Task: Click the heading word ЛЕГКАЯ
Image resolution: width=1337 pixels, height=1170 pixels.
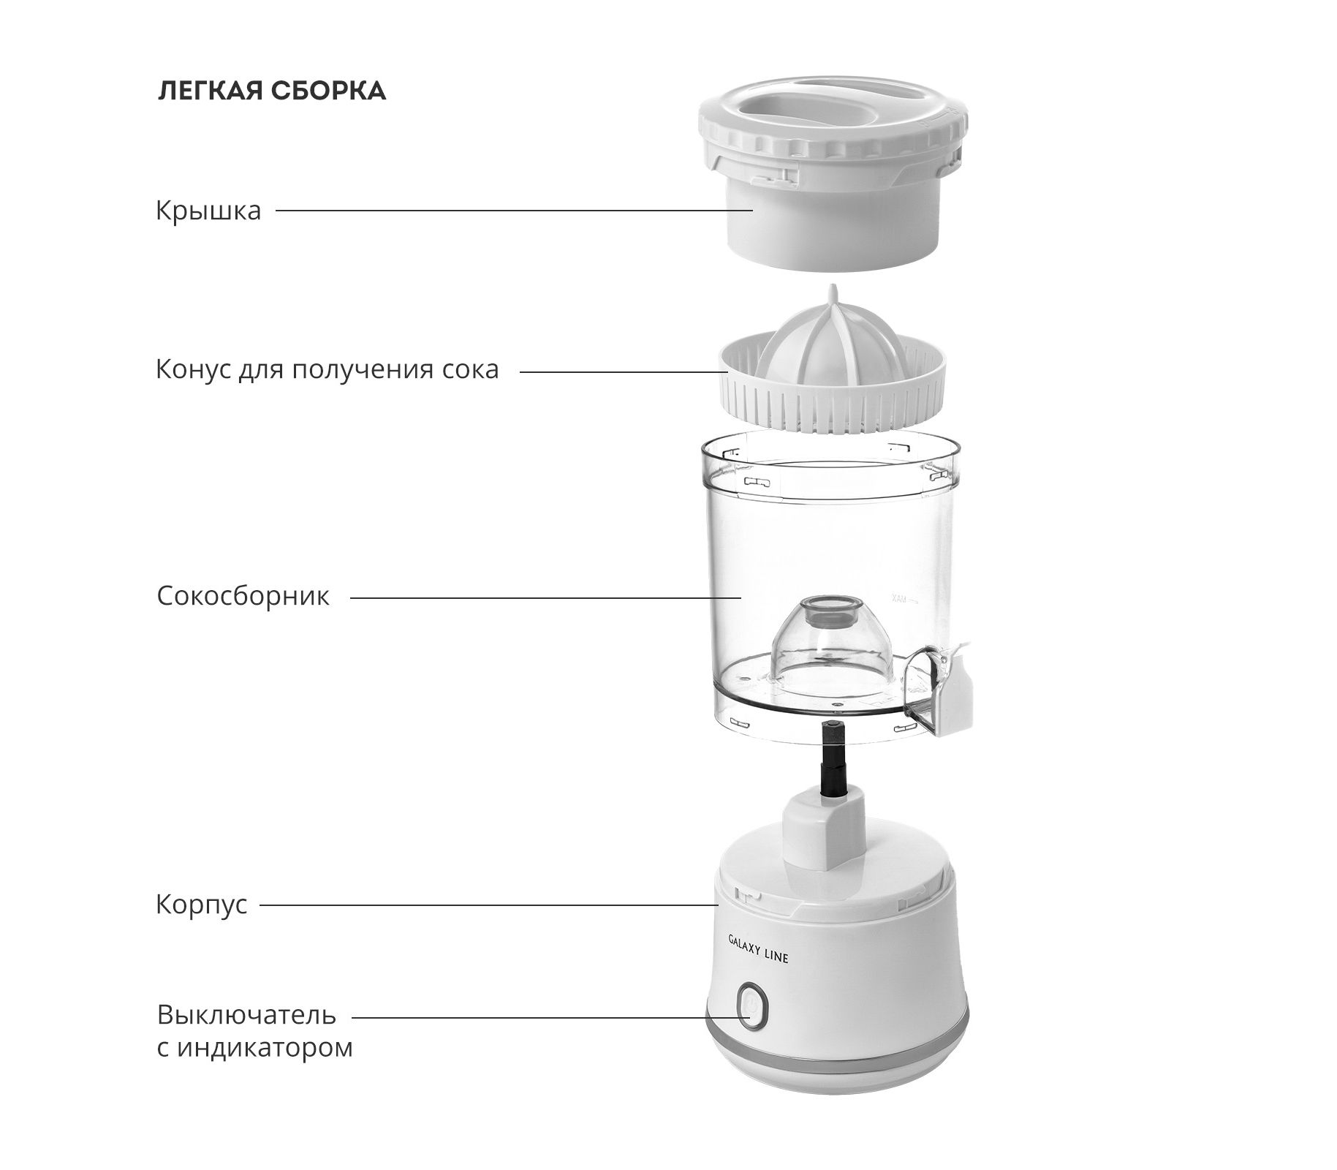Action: (209, 91)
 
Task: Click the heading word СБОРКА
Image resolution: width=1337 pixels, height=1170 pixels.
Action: (328, 91)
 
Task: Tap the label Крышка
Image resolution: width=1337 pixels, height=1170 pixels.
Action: (208, 211)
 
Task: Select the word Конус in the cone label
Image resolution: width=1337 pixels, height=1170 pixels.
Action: (192, 369)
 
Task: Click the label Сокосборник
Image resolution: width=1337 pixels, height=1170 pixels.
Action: (243, 596)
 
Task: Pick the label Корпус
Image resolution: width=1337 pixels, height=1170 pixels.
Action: (202, 905)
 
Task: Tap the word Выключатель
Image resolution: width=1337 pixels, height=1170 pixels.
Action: (246, 1015)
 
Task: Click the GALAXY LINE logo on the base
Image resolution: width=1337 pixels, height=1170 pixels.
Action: (758, 947)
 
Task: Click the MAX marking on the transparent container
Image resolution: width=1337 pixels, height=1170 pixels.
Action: (899, 598)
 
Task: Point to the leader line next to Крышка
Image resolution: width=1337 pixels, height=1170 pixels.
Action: (515, 211)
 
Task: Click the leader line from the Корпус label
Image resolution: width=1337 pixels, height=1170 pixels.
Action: (490, 905)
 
